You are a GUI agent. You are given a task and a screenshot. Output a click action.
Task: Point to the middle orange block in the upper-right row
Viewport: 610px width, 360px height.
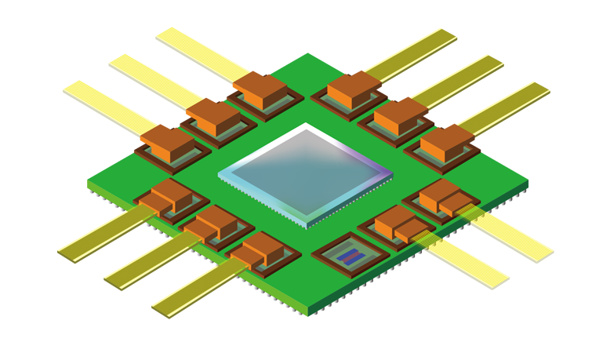coord(398,116)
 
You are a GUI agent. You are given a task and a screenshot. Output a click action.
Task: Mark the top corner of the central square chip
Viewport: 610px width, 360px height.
coord(305,125)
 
